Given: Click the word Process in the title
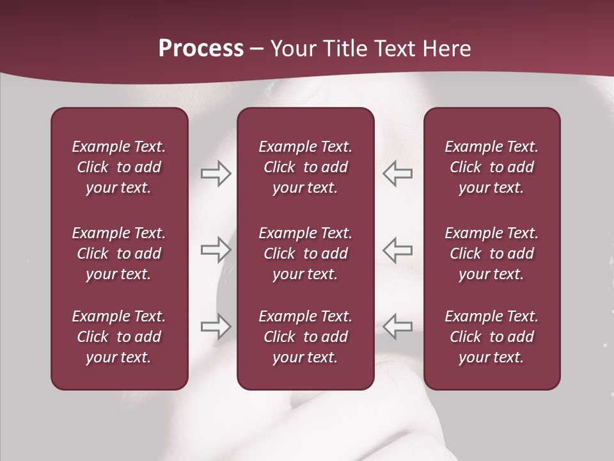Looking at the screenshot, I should point(201,49).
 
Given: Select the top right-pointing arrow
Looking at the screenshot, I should point(216,174).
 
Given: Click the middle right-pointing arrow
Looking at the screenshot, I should point(216,250).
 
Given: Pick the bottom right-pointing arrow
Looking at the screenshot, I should point(216,327).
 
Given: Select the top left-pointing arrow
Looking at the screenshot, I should point(398,174).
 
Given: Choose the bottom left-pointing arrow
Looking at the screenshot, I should point(398,327).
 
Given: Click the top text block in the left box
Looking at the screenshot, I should point(119,167).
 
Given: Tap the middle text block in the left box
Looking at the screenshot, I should point(119,254).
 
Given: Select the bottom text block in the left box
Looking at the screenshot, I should point(119,337).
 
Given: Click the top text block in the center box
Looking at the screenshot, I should point(305,167).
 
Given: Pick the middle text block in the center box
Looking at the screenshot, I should point(305,254).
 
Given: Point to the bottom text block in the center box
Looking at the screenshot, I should point(305,337).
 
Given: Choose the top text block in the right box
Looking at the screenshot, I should point(491,167).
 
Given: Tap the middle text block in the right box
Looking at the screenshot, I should point(491,254).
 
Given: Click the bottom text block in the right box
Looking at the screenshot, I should point(491,337).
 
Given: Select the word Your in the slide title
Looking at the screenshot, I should point(292,49).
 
